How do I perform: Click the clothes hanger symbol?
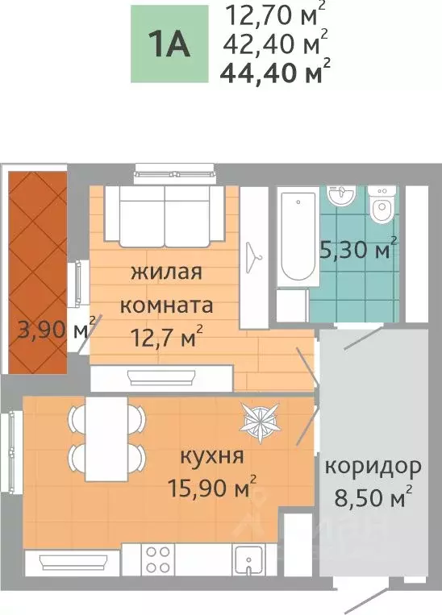(256, 257)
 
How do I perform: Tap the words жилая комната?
(165, 289)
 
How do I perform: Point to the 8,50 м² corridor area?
(372, 494)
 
